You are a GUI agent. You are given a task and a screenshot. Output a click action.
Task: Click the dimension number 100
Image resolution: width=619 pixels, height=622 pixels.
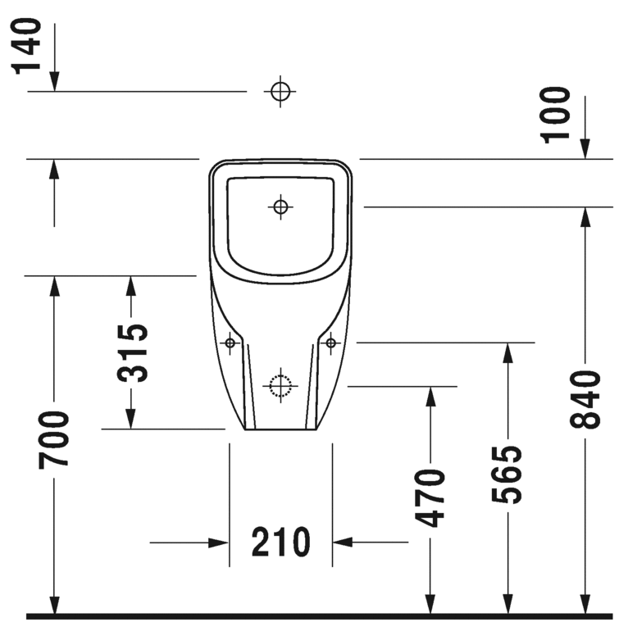557,114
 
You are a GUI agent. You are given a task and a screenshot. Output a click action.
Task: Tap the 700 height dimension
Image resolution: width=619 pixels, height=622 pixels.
54,440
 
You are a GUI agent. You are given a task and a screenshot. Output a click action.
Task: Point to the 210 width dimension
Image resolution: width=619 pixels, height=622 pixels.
280,542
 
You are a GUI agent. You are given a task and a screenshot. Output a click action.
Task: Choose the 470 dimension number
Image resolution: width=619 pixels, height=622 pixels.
430,497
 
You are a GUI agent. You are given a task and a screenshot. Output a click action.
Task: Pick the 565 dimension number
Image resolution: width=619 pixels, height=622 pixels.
507,474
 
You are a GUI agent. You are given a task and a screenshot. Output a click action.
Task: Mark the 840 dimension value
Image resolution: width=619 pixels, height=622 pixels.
585,399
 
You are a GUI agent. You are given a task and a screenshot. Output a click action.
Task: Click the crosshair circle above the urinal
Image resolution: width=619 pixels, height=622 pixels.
280,91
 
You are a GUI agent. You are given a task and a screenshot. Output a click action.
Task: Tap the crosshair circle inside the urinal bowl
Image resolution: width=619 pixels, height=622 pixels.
280,207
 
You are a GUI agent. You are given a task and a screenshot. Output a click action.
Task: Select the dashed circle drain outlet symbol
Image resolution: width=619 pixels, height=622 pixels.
280,384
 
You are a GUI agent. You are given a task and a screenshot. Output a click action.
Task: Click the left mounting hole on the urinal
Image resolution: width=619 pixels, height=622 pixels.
230,342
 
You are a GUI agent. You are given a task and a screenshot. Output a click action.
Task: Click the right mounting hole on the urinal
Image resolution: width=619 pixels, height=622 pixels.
330,342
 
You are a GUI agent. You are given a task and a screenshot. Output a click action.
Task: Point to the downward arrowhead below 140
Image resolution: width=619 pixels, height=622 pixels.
54,81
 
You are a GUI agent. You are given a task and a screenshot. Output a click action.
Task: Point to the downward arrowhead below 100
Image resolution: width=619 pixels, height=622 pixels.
585,148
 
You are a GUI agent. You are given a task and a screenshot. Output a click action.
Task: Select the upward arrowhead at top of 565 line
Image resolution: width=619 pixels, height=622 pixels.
507,353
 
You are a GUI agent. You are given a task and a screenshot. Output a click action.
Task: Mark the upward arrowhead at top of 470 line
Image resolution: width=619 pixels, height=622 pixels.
430,397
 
